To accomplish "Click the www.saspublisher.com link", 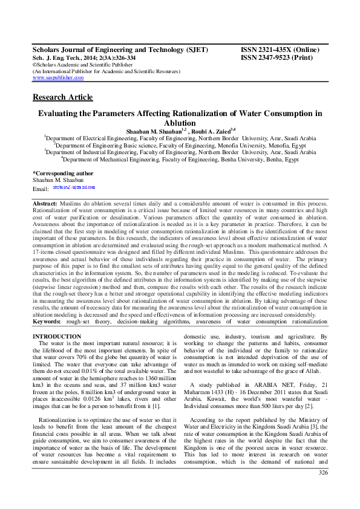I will pyautogui.click(x=57, y=77).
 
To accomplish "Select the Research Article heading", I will pyautogui.click(x=62, y=97).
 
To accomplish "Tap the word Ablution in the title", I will pyautogui.click(x=180, y=123).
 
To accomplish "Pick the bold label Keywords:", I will pyautogui.click(x=47, y=322).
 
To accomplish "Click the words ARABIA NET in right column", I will pyautogui.click(x=270, y=385).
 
